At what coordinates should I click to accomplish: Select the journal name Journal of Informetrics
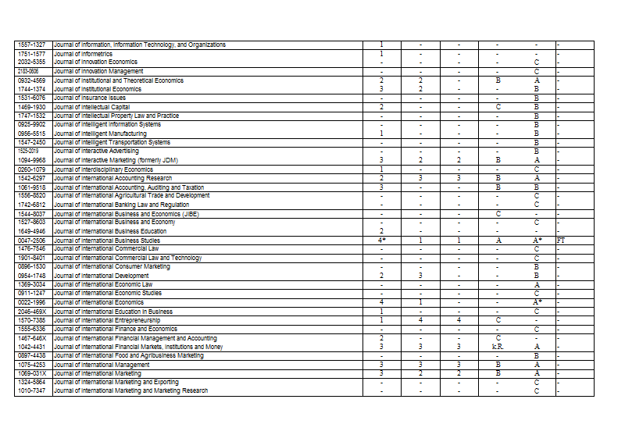tap(84, 54)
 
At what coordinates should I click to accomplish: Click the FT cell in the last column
tap(561, 241)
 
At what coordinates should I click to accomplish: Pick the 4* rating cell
tap(381, 241)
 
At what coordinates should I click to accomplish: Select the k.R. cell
tap(498, 346)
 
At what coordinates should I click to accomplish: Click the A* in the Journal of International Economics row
tap(537, 302)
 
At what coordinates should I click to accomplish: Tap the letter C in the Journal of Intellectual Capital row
tap(498, 107)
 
